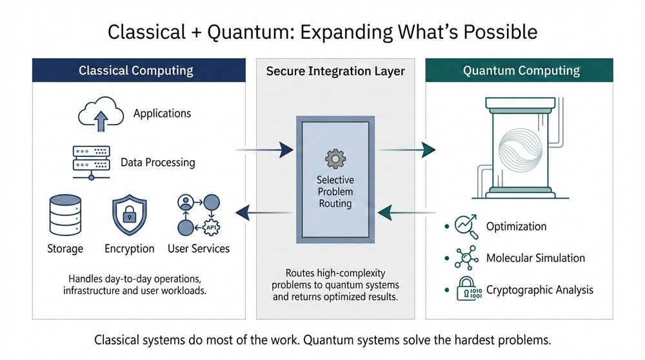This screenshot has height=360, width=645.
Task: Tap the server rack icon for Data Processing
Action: click(x=91, y=162)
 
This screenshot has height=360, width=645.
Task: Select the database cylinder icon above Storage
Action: click(x=65, y=215)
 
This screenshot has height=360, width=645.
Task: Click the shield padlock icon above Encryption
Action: click(x=129, y=216)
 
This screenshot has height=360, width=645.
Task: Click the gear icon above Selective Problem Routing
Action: click(x=335, y=158)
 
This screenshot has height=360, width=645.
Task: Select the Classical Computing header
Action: click(x=139, y=70)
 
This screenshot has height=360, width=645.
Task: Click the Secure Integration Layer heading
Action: click(x=335, y=71)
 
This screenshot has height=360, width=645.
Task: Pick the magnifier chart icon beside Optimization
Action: click(x=466, y=226)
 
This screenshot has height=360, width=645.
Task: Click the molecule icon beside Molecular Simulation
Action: click(x=466, y=258)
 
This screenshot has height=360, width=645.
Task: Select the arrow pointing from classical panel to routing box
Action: click(x=264, y=150)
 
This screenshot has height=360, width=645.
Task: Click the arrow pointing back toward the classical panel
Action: click(x=264, y=211)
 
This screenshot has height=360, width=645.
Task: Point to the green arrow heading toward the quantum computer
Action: click(x=406, y=150)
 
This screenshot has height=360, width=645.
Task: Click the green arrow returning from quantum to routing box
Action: click(x=406, y=211)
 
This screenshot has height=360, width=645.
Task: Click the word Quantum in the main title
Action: click(x=243, y=32)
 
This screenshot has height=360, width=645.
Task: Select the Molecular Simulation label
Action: click(x=535, y=258)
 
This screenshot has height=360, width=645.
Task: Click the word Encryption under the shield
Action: click(x=130, y=248)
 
